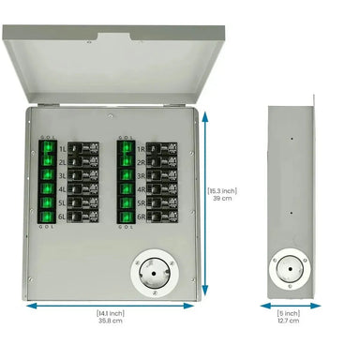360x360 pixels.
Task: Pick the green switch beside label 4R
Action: pyautogui.click(x=125, y=188)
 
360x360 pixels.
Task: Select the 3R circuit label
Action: pyautogui.click(x=142, y=174)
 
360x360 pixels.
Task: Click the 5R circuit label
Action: pyautogui.click(x=142, y=202)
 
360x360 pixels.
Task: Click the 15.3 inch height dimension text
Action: pyautogui.click(x=222, y=195)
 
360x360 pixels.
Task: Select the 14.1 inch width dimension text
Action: pyautogui.click(x=110, y=316)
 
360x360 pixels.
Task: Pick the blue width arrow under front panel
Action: pyautogui.click(x=111, y=305)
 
